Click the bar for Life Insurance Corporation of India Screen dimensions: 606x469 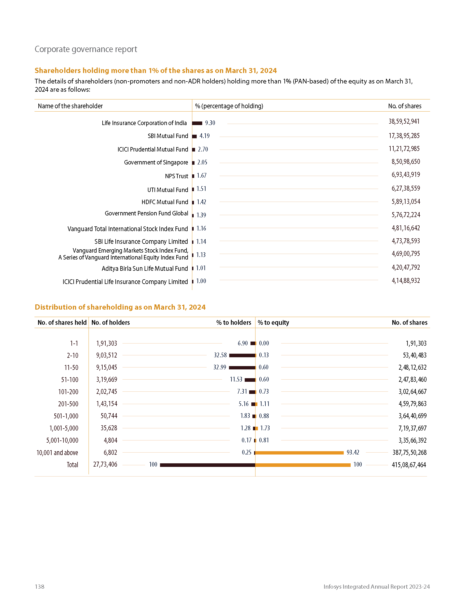point(197,123)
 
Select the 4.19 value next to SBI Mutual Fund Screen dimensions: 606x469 point(204,136)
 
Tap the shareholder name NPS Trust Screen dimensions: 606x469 point(177,176)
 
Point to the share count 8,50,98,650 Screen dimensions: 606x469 point(406,162)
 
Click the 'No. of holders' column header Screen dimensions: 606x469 point(111,323)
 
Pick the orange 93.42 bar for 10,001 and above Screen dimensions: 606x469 point(299,453)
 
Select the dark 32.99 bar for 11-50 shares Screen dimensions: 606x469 point(242,368)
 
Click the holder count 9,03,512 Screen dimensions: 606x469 point(107,355)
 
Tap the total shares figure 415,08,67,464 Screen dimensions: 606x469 point(409,465)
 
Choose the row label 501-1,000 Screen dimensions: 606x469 point(66,416)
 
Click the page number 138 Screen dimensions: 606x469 point(39,586)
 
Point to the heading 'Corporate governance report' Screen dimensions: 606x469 point(86,49)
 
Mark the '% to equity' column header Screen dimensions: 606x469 point(273,323)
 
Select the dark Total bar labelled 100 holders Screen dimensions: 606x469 point(207,465)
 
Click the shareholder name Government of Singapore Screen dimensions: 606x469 point(156,163)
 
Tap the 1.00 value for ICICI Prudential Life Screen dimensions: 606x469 point(201,281)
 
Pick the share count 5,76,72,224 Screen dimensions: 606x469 point(406,215)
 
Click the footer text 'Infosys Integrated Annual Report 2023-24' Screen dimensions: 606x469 point(377,586)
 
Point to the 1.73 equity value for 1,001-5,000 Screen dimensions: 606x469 point(265,428)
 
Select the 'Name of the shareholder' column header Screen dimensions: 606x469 point(70,106)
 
